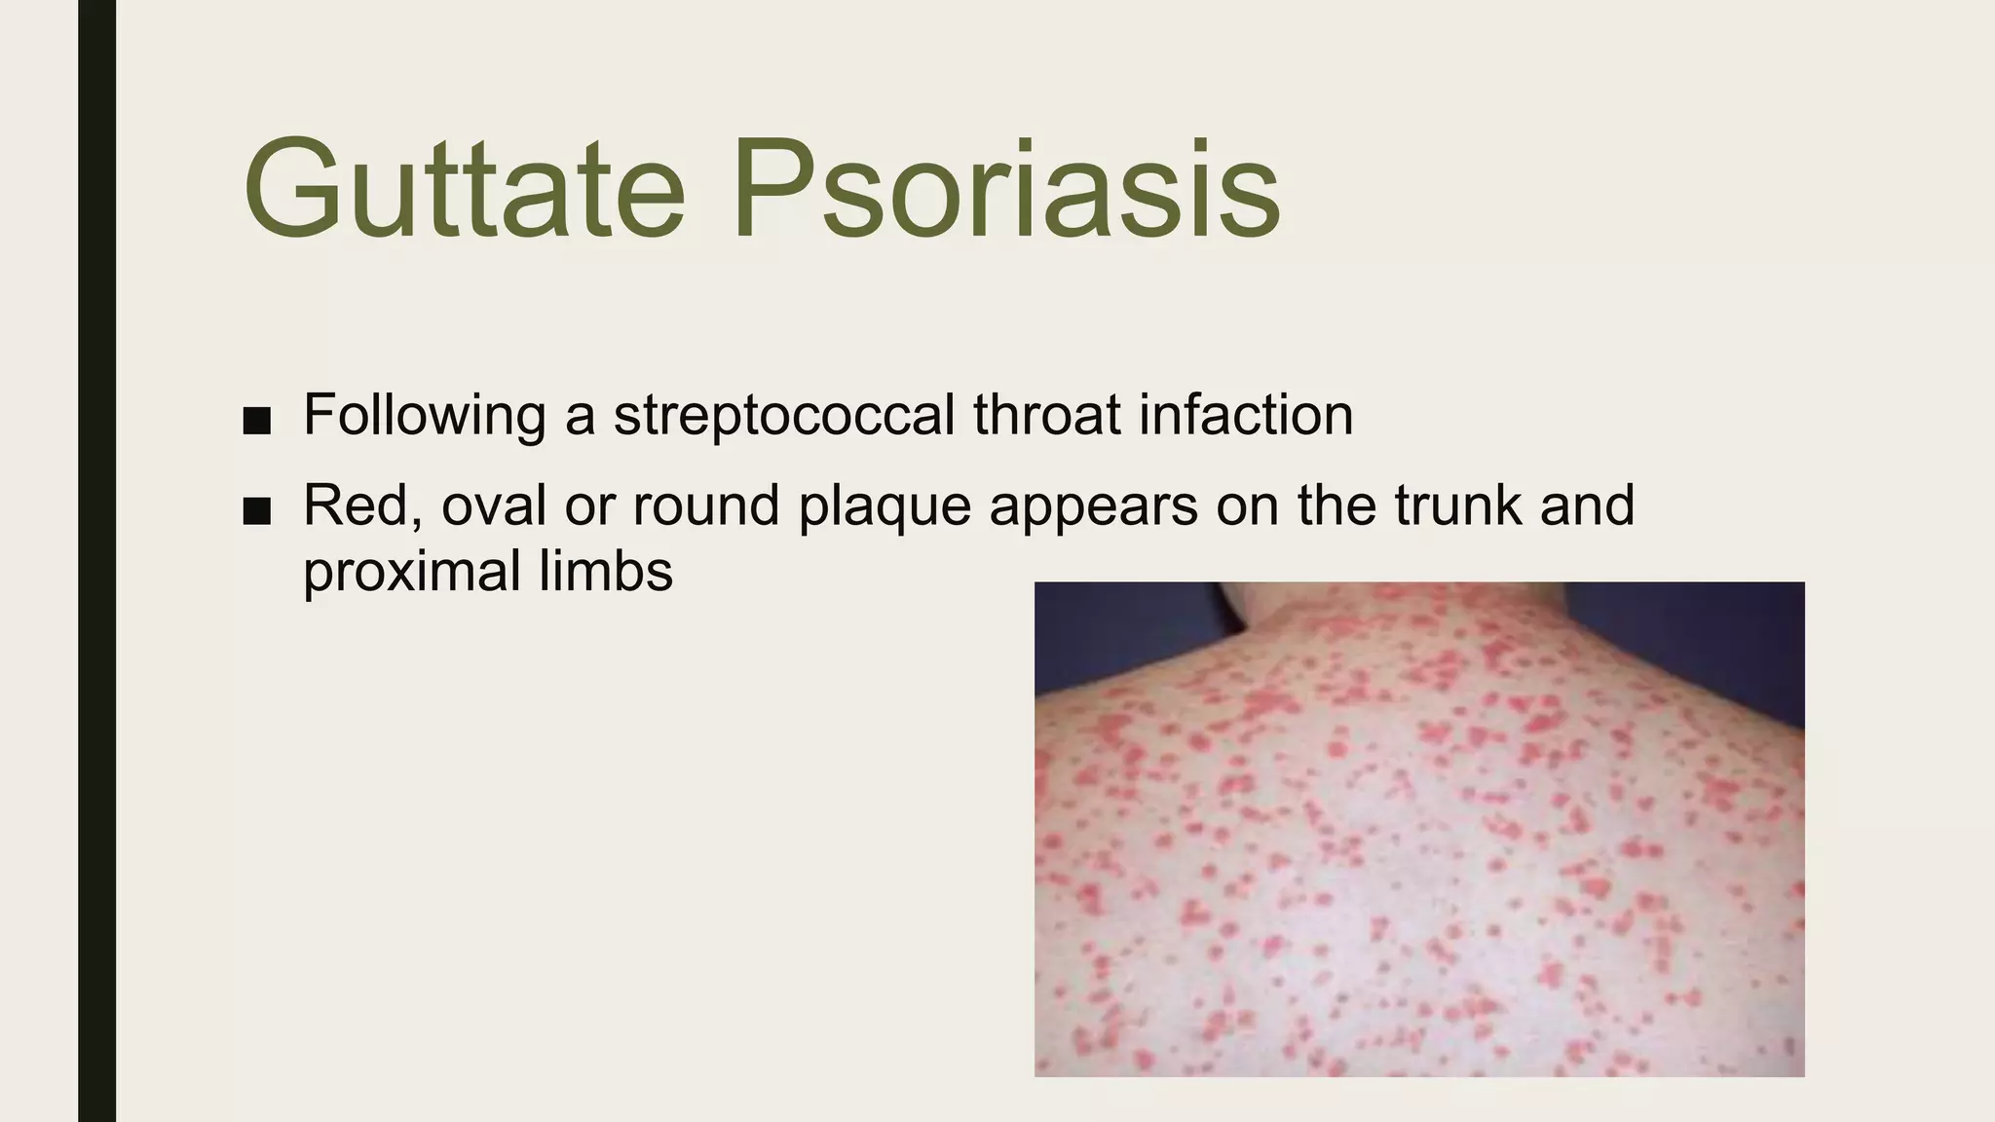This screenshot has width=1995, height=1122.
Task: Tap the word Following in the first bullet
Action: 425,415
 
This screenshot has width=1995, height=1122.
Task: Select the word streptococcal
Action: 784,415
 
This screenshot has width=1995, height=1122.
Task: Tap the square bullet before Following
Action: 257,421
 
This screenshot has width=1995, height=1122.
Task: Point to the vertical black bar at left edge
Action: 96,561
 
